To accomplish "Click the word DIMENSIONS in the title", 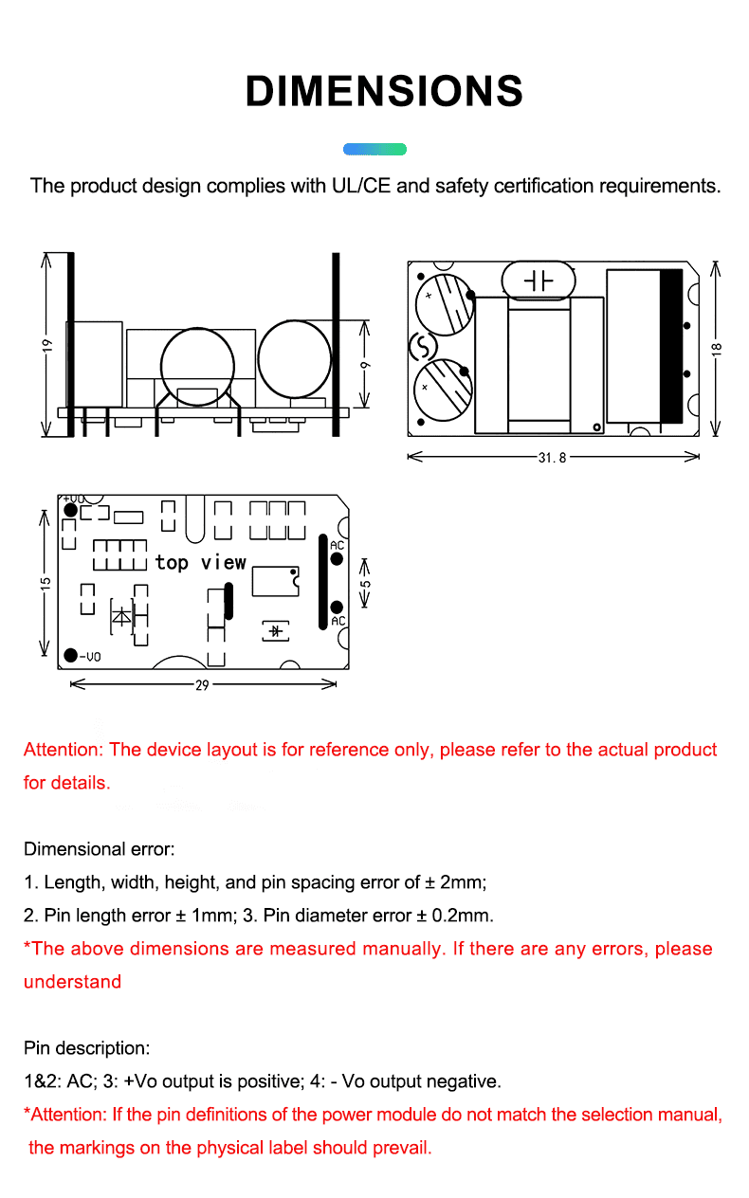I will tap(384, 91).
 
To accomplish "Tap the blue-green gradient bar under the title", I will tap(374, 149).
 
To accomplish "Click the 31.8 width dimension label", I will tap(552, 457).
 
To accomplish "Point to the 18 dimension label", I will tap(718, 348).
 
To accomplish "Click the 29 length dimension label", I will tap(202, 684).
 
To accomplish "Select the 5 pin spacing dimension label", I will tap(365, 589).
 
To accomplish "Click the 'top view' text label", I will tap(201, 562).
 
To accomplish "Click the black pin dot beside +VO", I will tap(70, 510).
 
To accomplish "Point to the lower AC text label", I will tap(338, 621).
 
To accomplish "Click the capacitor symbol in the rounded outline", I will tap(539, 281).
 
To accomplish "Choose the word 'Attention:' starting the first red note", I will tap(64, 750).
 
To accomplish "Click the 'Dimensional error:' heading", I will tap(100, 849).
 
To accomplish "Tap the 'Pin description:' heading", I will tap(86, 1048).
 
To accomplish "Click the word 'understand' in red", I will tap(73, 982).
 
